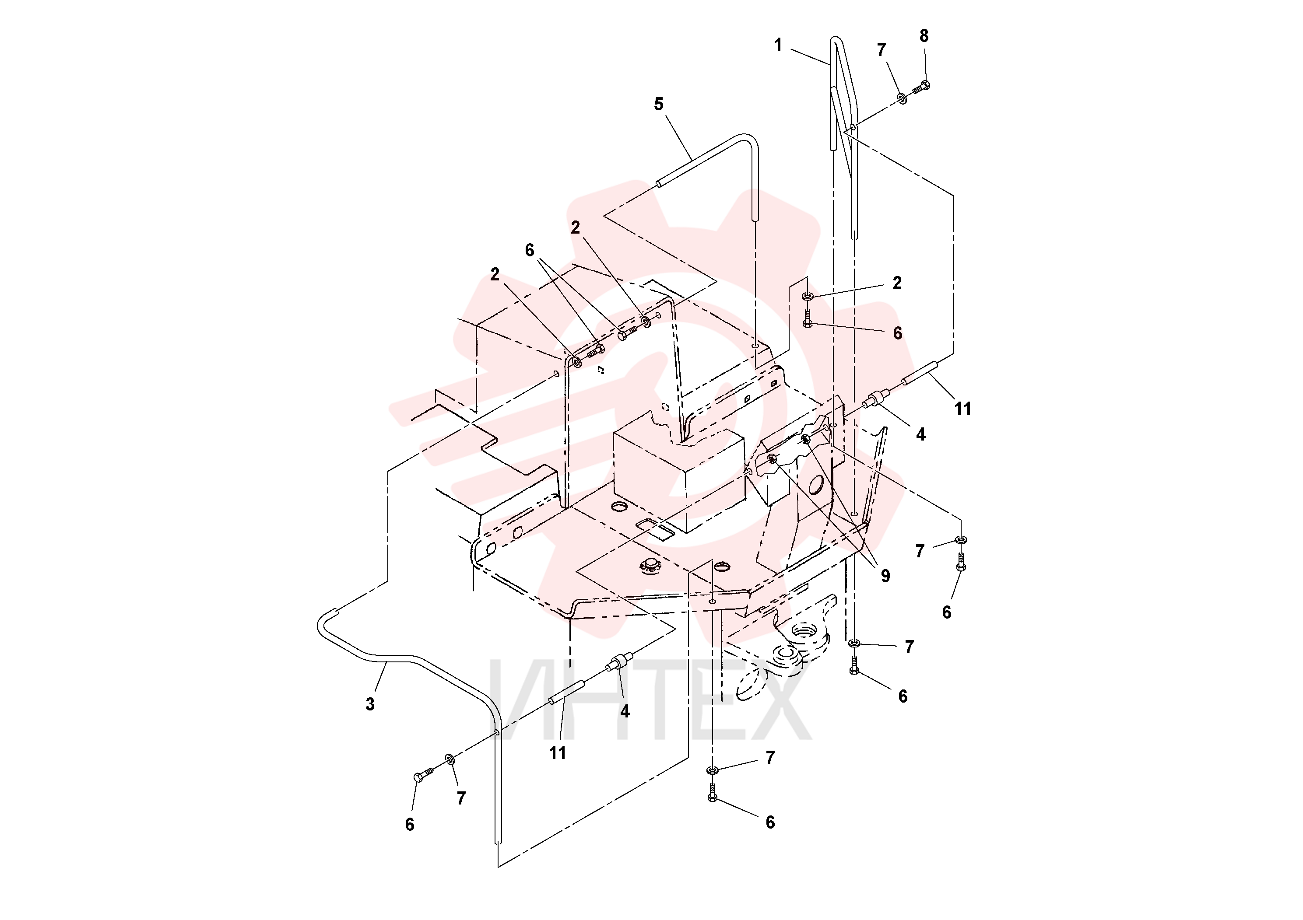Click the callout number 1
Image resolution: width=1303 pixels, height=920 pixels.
pos(778,45)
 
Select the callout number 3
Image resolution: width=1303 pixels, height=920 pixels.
pos(370,704)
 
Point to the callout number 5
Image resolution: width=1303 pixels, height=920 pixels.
pos(658,104)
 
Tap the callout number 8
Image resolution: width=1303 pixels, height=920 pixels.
pos(924,36)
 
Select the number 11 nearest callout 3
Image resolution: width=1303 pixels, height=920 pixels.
pos(557,753)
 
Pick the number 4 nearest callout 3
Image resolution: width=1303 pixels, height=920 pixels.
pos(625,711)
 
